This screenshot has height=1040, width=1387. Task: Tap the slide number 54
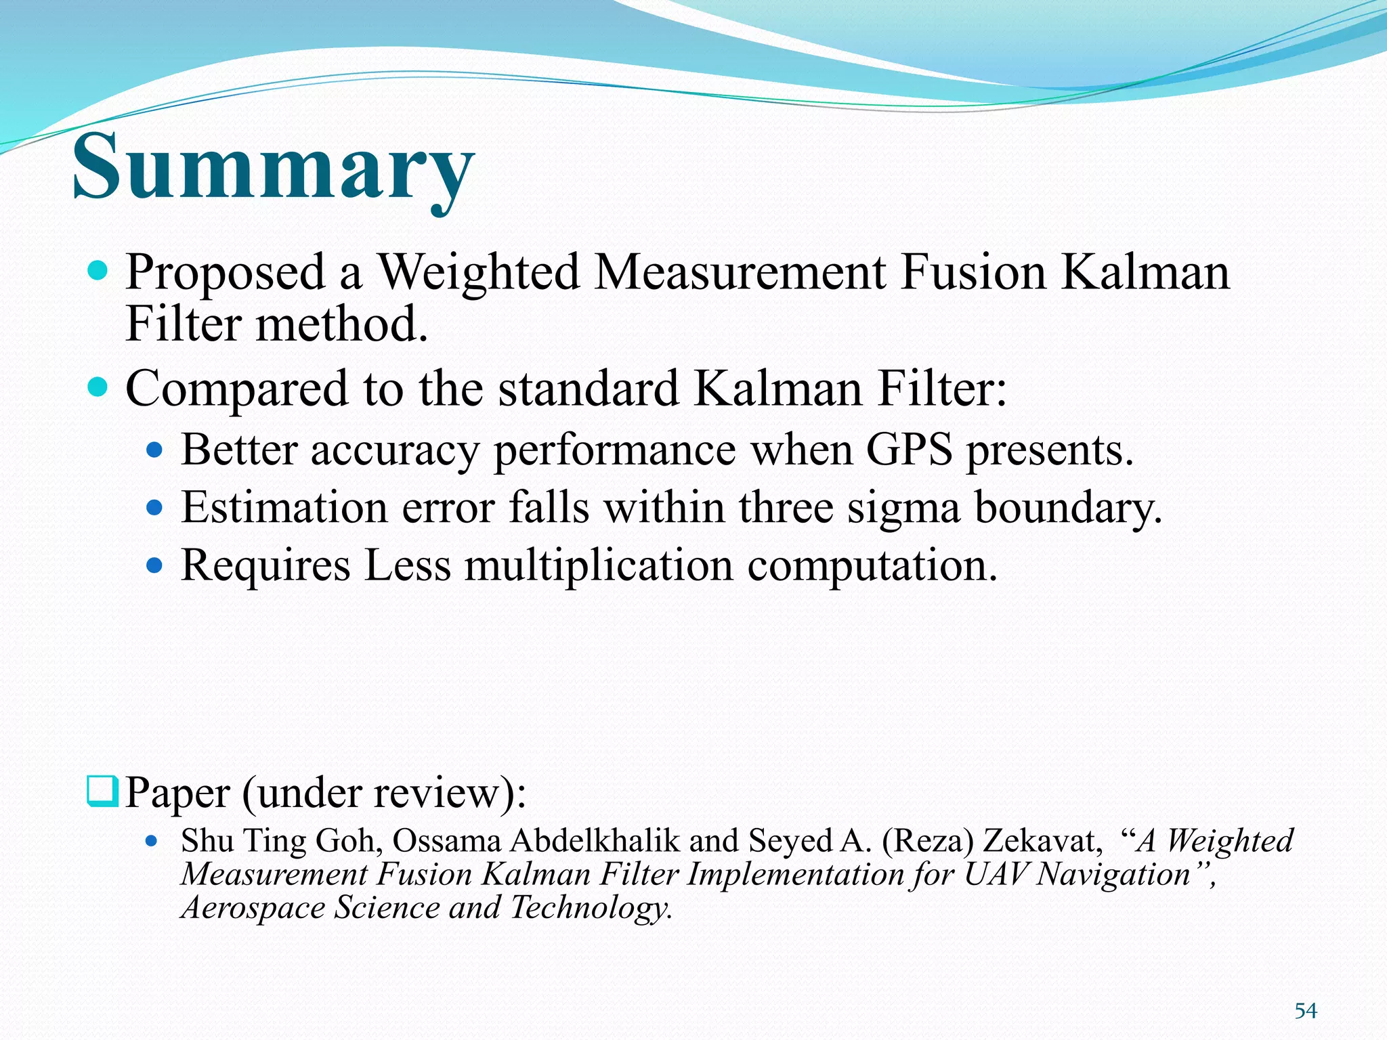click(x=1305, y=1011)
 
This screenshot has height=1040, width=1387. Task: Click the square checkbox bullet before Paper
click(x=103, y=791)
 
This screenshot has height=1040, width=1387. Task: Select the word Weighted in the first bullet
click(x=478, y=272)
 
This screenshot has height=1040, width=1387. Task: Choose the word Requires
click(x=265, y=566)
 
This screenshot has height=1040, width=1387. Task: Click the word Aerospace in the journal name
click(x=254, y=907)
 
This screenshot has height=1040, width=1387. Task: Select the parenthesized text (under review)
click(x=384, y=793)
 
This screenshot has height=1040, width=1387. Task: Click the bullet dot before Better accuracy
click(x=155, y=450)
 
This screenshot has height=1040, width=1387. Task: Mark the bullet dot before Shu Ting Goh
click(x=152, y=842)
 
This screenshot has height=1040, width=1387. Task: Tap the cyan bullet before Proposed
click(x=98, y=272)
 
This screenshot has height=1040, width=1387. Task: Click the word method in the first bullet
click(x=341, y=324)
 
